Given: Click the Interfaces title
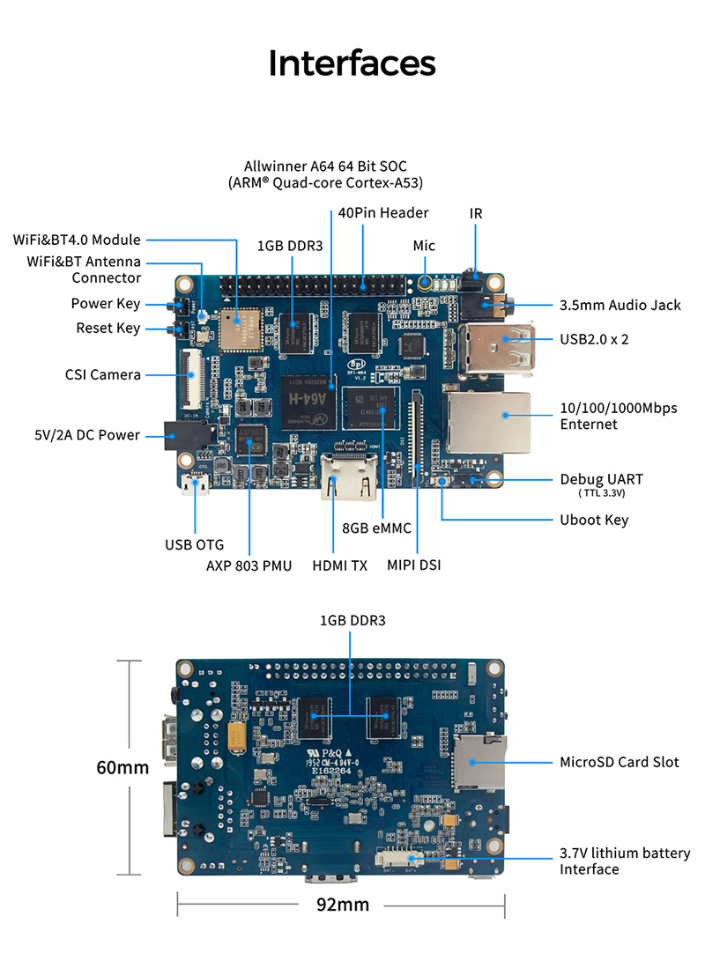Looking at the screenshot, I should pos(352,63).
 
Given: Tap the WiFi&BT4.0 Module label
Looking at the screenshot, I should pos(77,240).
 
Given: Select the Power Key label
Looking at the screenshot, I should pos(105,304).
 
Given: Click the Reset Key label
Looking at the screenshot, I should pos(108,329).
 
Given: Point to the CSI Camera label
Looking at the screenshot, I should pos(102,374).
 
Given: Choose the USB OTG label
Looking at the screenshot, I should pos(195,544).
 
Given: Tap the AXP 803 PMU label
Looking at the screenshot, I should pos(249,565).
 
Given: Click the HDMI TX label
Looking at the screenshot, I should pos(339,565).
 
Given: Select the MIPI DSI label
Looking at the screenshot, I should pos(414,565).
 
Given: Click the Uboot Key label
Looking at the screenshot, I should pos(594,520).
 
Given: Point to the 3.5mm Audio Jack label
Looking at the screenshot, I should pos(620,305).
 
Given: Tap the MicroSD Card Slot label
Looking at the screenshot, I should pos(620,762).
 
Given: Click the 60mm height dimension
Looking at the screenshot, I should pos(122,767).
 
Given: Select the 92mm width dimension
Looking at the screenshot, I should pos(340,905).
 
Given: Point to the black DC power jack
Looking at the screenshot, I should pos(187,435).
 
